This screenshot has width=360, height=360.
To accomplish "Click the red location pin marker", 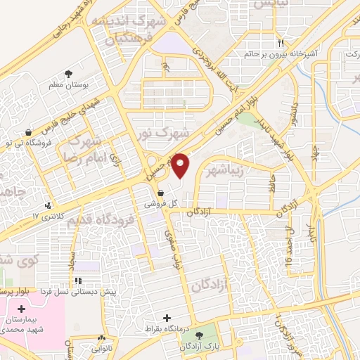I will [181, 165].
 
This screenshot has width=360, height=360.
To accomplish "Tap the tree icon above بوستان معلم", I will [69, 73].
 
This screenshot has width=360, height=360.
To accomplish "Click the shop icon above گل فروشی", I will [161, 192].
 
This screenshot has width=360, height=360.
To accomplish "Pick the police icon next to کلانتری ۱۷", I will [48, 205].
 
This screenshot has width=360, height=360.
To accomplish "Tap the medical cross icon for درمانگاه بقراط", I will [167, 318].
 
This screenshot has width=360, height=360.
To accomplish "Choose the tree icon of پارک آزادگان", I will [201, 335].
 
